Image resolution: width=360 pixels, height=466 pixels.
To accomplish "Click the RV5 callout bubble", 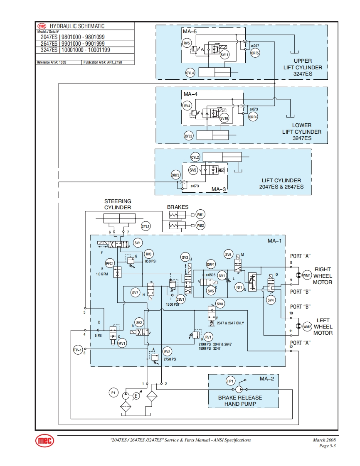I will coord(187,43).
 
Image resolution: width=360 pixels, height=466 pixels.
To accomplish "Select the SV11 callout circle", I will coord(224,54).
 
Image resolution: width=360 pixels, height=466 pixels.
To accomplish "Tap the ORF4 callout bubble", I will coord(253,117).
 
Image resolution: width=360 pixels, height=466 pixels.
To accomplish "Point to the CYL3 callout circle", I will coord(189,136).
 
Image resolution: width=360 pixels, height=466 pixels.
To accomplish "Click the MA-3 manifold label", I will coord(219,189).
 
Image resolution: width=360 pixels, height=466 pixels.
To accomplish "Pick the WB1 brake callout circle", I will coord(201,215).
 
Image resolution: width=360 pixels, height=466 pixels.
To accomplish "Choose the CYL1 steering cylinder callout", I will coord(145,226).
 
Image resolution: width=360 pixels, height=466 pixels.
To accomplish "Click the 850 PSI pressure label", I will coord(150,261).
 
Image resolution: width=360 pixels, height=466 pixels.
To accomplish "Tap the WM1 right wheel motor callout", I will coord(307,275).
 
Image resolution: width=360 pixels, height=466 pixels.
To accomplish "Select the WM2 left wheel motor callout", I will coord(307,327).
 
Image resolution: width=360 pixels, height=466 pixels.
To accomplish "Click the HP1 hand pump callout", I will coord(231,381).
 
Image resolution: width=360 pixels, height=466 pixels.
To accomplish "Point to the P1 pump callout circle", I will coord(113,392).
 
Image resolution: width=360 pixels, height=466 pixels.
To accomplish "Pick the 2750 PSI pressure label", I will coord(170,359).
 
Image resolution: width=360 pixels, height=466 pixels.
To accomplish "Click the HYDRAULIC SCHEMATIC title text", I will coord(77,26).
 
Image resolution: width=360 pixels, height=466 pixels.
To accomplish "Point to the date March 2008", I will coord(324,440).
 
